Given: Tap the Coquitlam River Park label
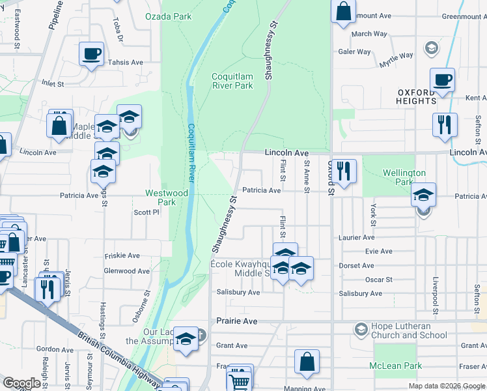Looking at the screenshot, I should click(x=232, y=81).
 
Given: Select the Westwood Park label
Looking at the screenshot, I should click(x=167, y=197).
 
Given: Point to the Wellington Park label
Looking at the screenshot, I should click(x=404, y=177).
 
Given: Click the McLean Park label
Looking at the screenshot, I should click(x=397, y=366).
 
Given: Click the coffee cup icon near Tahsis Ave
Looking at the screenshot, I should click(x=91, y=54).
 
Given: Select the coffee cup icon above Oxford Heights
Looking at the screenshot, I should click(x=442, y=81).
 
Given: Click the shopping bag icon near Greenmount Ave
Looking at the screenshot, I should click(x=343, y=11).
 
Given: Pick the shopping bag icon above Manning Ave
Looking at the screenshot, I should click(x=307, y=362).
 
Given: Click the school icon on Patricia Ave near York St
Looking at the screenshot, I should click(x=423, y=195).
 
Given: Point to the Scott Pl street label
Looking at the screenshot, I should click(x=146, y=212).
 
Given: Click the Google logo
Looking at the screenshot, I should click(x=22, y=383).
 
